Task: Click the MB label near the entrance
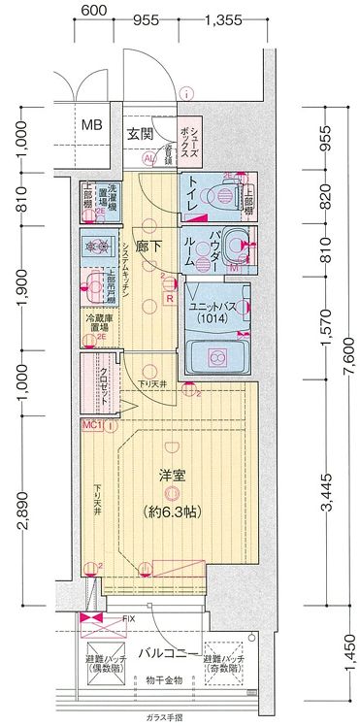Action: (x=91, y=124)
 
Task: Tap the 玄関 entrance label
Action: (x=139, y=134)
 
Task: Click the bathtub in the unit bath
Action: (x=215, y=357)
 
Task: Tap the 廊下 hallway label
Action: (x=147, y=247)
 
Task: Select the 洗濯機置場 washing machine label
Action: (x=114, y=199)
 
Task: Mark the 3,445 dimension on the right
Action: (x=327, y=495)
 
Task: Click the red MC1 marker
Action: (x=90, y=425)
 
